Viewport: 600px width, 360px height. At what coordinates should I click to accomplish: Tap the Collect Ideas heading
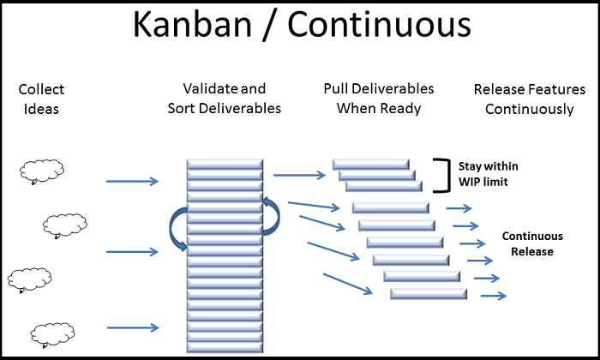[40, 99]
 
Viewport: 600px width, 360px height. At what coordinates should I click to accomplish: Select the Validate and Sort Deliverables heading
[225, 99]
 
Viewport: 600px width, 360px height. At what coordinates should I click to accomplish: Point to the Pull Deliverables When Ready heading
[378, 98]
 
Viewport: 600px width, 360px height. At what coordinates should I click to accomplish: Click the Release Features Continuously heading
[529, 98]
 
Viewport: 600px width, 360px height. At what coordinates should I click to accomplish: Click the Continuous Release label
[532, 243]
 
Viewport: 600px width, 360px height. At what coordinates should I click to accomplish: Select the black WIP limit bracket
[443, 174]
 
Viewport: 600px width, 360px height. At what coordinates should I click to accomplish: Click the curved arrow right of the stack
[273, 214]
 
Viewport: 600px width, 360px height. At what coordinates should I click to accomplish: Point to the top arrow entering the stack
[132, 181]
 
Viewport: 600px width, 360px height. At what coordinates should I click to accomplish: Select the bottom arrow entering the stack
[132, 327]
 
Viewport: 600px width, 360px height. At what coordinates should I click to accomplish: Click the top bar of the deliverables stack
[225, 163]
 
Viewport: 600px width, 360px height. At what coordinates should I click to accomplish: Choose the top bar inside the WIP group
[370, 164]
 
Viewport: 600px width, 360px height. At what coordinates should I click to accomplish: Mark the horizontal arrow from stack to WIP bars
[299, 175]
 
